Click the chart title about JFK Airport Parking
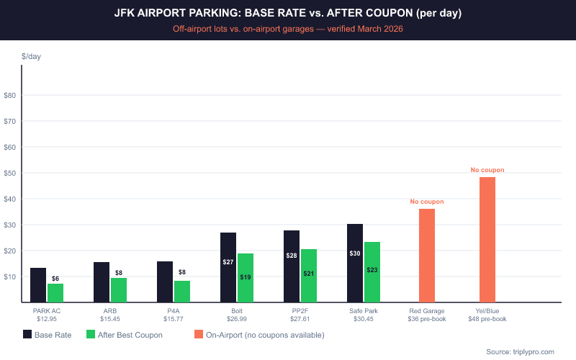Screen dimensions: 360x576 (x=288, y=13)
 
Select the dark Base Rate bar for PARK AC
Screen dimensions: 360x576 (x=38, y=285)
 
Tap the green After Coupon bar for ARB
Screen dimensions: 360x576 (x=119, y=290)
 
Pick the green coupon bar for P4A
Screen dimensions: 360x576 (x=182, y=292)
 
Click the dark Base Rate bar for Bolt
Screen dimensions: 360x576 (x=228, y=267)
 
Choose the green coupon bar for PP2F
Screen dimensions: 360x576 (x=309, y=276)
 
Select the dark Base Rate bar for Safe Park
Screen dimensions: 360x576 (x=355, y=263)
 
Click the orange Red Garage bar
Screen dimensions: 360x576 (x=427, y=256)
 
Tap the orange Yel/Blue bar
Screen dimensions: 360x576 (x=487, y=240)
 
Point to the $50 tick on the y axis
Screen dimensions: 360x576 (x=11, y=173)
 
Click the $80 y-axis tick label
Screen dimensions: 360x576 (x=11, y=95)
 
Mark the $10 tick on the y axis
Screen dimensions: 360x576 (x=11, y=276)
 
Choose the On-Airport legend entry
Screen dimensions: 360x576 (x=259, y=335)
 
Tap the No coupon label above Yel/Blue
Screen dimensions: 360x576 (x=487, y=170)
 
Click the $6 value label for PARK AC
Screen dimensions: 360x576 (x=55, y=279)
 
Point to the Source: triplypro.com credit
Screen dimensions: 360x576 (x=520, y=351)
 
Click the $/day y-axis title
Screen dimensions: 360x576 (x=31, y=56)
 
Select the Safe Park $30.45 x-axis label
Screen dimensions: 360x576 (x=364, y=315)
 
